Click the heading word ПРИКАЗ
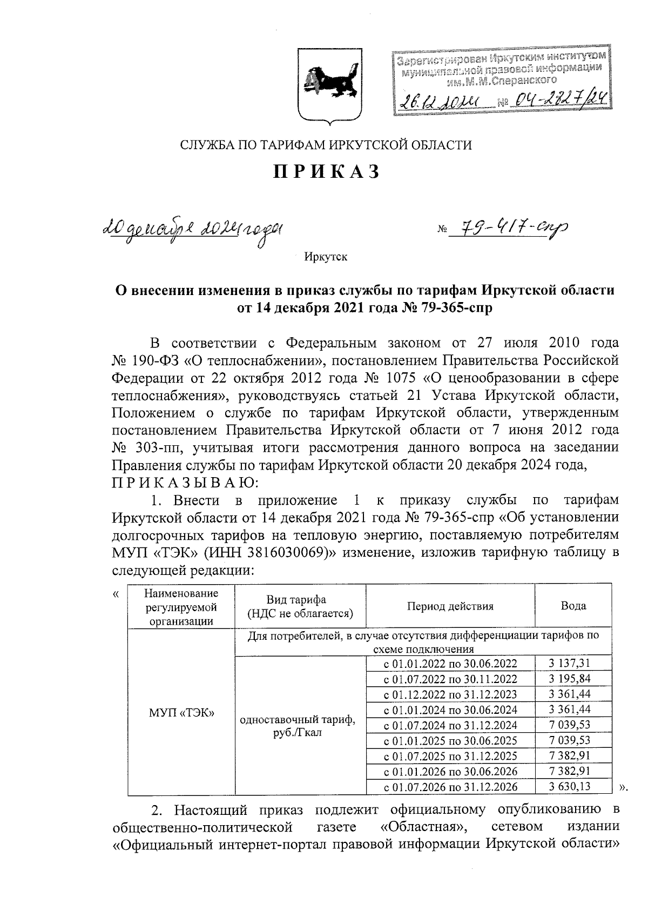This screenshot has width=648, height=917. pos(326,171)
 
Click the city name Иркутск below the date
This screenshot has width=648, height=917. pos(326,257)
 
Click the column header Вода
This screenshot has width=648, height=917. pos(573,606)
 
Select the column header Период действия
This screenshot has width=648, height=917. pos(450,606)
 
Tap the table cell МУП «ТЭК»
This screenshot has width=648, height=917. pos(181,712)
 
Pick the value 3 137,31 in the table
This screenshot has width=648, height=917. pos(573,664)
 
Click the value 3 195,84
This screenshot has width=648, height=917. pos(573,679)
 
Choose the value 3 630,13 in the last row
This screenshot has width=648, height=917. pos(573,786)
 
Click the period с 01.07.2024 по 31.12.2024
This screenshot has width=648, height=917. pos(450,725)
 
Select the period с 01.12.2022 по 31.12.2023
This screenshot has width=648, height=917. pos(450,694)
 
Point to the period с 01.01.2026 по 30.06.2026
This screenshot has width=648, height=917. pos(450,771)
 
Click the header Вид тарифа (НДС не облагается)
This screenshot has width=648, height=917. pos(300,606)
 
